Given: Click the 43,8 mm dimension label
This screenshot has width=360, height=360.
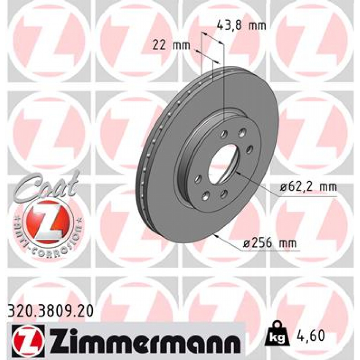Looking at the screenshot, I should coord(241,25).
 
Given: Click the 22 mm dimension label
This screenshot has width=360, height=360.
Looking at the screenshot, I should coord(171,45).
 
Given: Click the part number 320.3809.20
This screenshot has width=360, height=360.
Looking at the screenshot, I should coord(50,310).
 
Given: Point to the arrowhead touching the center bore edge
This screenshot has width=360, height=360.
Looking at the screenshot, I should coord(237,172).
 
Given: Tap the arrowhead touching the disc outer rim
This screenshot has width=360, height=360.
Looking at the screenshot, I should coord(218,236).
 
